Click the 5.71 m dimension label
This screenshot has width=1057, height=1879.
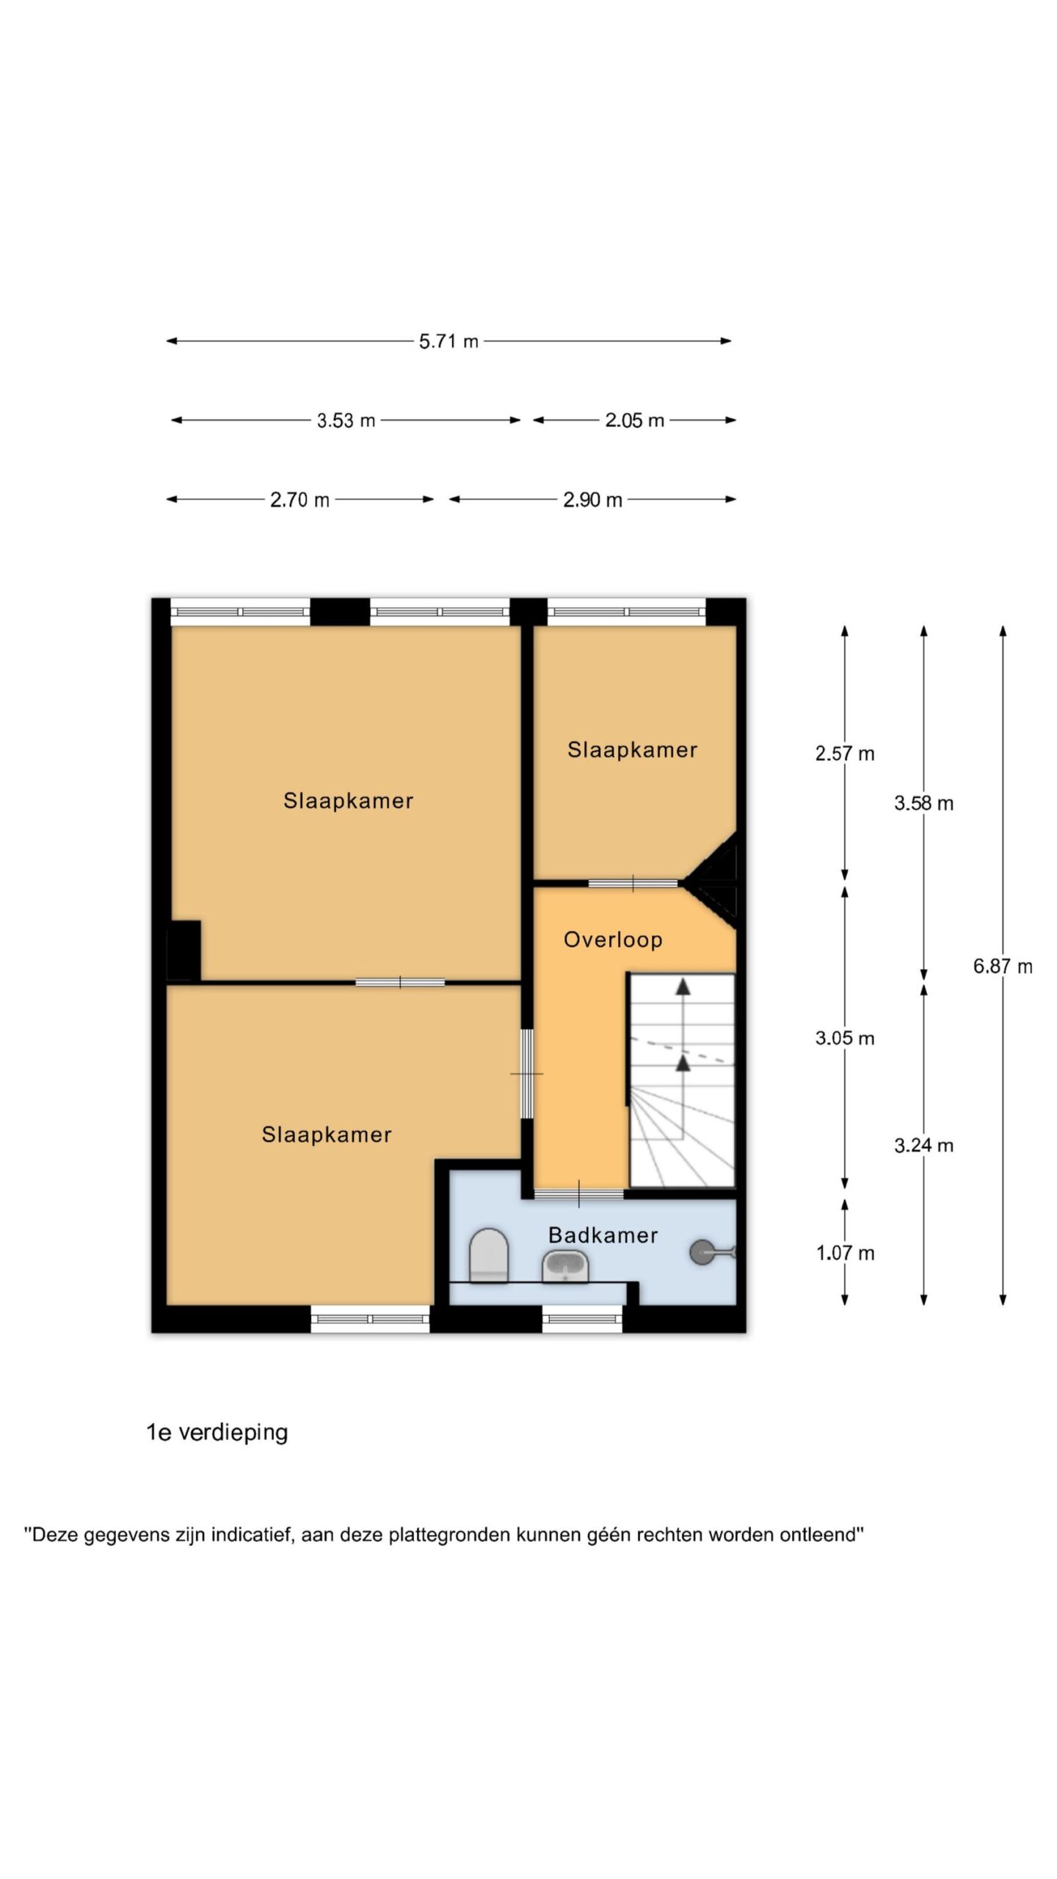point(448,341)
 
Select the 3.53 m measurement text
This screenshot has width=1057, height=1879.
point(346,421)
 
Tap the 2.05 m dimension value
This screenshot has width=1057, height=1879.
point(634,421)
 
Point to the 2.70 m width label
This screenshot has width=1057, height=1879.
point(299,500)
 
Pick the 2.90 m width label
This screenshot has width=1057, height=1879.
point(592,500)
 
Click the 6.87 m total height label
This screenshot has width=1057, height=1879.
point(1003,967)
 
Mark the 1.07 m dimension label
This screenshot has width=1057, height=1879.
point(845,1253)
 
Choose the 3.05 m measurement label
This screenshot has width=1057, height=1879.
point(845,1038)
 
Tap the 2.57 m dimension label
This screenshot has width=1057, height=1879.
point(845,754)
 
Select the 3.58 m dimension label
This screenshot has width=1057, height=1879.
point(923,804)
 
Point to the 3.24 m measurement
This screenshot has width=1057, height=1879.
point(923,1145)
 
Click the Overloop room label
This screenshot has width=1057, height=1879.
point(613,940)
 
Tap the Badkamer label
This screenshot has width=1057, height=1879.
point(603,1235)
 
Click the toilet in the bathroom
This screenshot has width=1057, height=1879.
point(489,1256)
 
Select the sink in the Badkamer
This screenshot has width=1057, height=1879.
point(564,1267)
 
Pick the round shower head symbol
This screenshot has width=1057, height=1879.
point(703,1252)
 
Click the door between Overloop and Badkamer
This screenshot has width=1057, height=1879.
point(578,1194)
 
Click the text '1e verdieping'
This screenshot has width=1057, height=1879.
point(217,1433)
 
